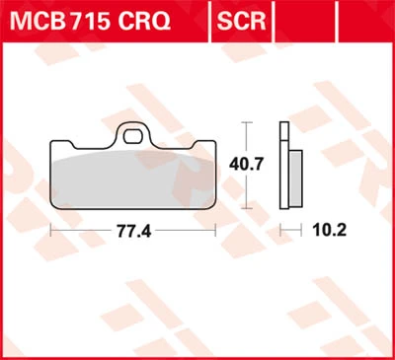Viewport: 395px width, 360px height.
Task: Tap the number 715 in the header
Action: (89, 21)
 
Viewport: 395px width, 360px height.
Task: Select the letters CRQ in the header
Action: (144, 22)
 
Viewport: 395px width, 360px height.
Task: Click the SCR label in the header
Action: (241, 22)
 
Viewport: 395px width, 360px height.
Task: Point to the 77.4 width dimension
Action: (134, 232)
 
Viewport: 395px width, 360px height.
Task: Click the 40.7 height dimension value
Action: (247, 165)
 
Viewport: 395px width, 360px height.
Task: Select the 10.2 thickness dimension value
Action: (330, 231)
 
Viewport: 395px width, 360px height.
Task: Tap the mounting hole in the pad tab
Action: (132, 137)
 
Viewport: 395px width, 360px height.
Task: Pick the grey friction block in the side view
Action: (296, 179)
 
